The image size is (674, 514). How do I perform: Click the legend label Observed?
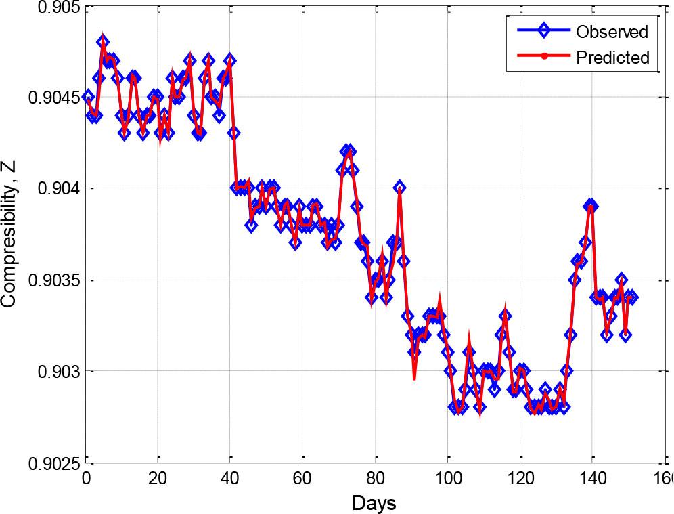tap(612, 31)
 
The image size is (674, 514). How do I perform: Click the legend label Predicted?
tap(612, 58)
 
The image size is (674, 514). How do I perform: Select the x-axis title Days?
tap(374, 502)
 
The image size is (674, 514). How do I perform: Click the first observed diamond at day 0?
tap(87, 97)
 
